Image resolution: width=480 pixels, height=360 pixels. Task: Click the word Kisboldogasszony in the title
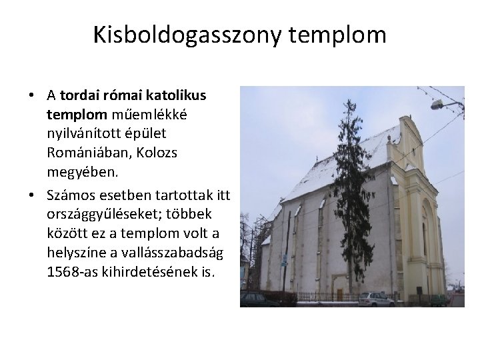pos(189,34)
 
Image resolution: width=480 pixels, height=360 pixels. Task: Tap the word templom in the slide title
pos(338,34)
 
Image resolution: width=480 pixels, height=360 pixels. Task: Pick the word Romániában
pos(90,153)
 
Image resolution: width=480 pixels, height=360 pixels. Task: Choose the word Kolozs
pos(159,153)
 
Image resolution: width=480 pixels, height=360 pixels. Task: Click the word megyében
pos(82,172)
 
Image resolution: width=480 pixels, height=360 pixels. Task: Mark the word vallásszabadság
pos(175,253)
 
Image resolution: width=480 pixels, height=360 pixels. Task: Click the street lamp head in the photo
pos(437,105)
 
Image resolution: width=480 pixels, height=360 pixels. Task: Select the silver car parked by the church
pos(375,299)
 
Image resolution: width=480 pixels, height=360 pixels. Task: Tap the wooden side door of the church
pos(339,293)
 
